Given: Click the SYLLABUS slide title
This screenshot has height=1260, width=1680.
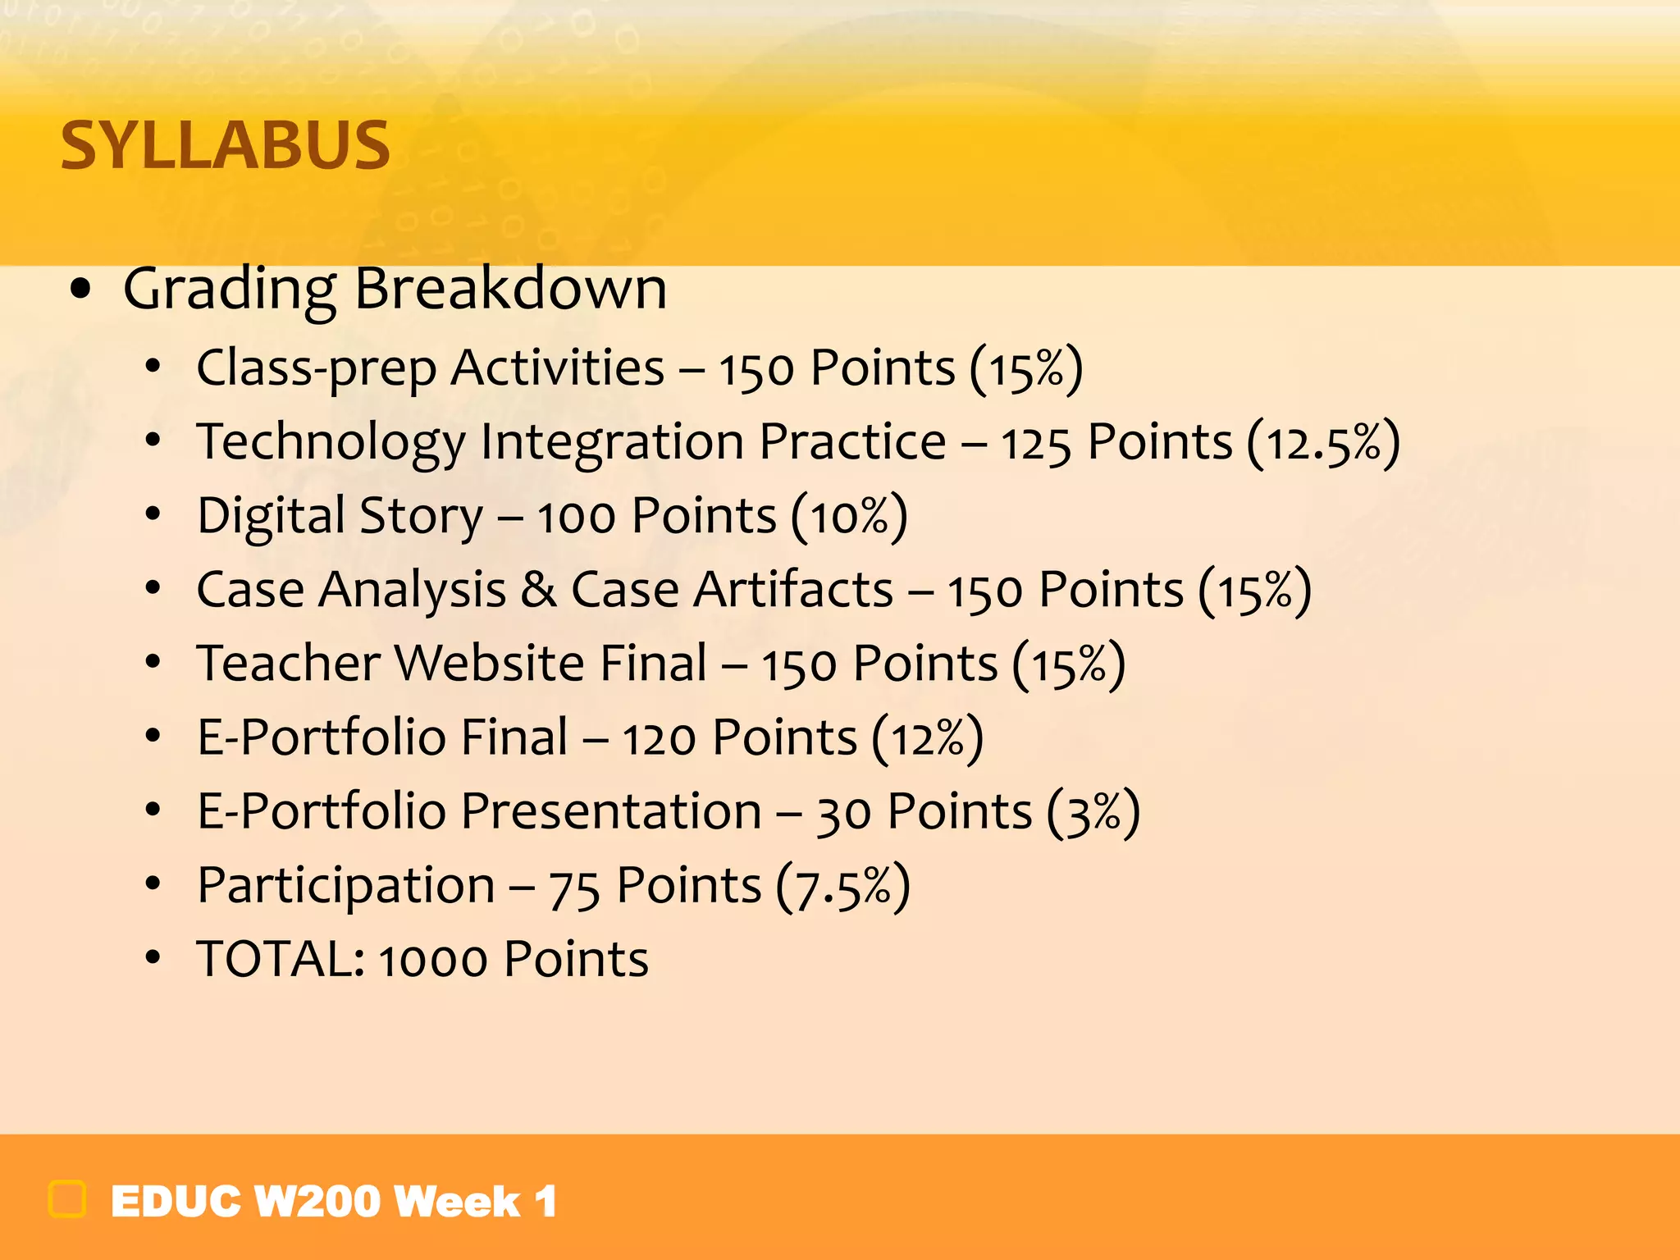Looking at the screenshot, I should pos(226,145).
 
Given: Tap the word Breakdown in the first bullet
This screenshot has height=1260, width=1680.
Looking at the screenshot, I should pos(510,289).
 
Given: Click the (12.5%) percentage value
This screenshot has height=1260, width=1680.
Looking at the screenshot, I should pos(1322,443).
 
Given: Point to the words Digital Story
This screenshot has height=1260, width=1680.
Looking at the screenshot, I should pos(340,517).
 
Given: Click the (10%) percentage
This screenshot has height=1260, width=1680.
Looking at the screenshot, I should pos(849,517).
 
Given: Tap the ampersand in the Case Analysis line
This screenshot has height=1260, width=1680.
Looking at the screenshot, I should pos(538,591).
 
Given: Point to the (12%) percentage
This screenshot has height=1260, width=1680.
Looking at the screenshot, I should pos(927,738).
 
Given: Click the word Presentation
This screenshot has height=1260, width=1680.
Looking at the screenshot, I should pos(611,812).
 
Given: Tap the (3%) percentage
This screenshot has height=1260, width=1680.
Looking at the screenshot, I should pos(1093,812).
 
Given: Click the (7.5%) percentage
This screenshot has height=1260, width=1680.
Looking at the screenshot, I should pos(842,887).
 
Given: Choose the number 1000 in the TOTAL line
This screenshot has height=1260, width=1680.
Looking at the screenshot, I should pos(432,961).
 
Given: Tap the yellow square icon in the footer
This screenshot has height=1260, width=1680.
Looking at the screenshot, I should pos(67,1199).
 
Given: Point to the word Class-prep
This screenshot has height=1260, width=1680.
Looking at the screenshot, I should pos(316,369).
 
